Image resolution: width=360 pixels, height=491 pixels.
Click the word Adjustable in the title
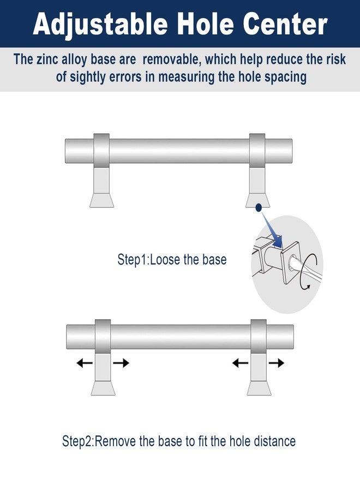(100, 25)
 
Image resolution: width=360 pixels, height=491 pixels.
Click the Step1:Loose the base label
(172, 260)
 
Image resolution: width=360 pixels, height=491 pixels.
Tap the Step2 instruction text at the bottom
(179, 441)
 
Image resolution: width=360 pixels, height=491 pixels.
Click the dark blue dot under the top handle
(259, 207)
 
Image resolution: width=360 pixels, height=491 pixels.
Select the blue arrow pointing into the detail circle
(272, 230)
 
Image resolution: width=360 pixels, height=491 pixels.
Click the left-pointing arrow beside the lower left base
(85, 363)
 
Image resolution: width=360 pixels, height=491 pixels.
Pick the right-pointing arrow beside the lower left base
(121, 363)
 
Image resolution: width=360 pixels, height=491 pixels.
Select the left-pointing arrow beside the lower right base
(240, 363)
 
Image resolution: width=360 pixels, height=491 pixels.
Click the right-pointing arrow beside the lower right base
(277, 363)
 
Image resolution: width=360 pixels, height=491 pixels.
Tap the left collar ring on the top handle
(101, 151)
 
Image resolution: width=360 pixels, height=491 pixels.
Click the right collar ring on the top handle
(257, 151)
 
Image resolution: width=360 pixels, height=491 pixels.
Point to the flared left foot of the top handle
(102, 200)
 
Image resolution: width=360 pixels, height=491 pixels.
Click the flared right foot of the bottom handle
(259, 388)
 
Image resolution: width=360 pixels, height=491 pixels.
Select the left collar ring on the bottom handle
(103, 337)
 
